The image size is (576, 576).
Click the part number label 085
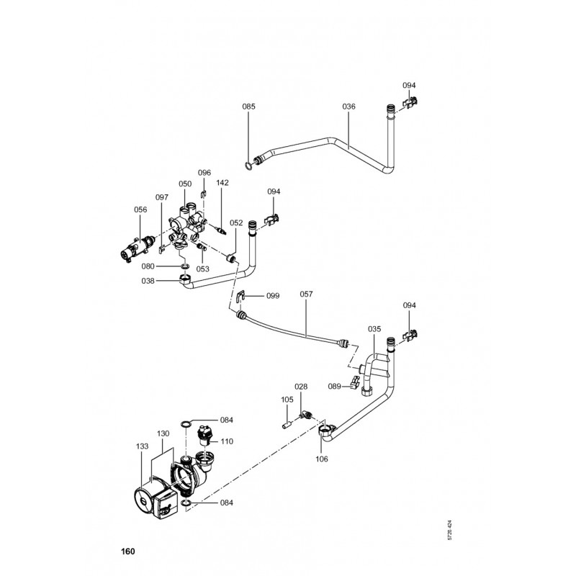[x=248, y=107]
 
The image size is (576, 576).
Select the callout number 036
[x=348, y=107]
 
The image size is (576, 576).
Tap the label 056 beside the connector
[x=140, y=210]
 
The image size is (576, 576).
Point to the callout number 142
[x=222, y=183]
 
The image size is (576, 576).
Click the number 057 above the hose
[x=306, y=294]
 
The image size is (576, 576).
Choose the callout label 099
[x=273, y=296]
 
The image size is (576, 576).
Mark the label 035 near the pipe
[x=374, y=328]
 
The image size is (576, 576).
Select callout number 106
[x=321, y=459]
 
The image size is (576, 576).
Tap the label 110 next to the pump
[x=227, y=441]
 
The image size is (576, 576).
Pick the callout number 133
[x=143, y=446]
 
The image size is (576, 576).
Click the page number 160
[x=128, y=552]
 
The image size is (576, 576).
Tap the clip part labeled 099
[x=241, y=295]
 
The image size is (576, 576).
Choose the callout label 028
[x=301, y=387]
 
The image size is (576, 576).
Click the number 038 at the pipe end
[x=148, y=282]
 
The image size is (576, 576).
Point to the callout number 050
[x=185, y=184]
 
